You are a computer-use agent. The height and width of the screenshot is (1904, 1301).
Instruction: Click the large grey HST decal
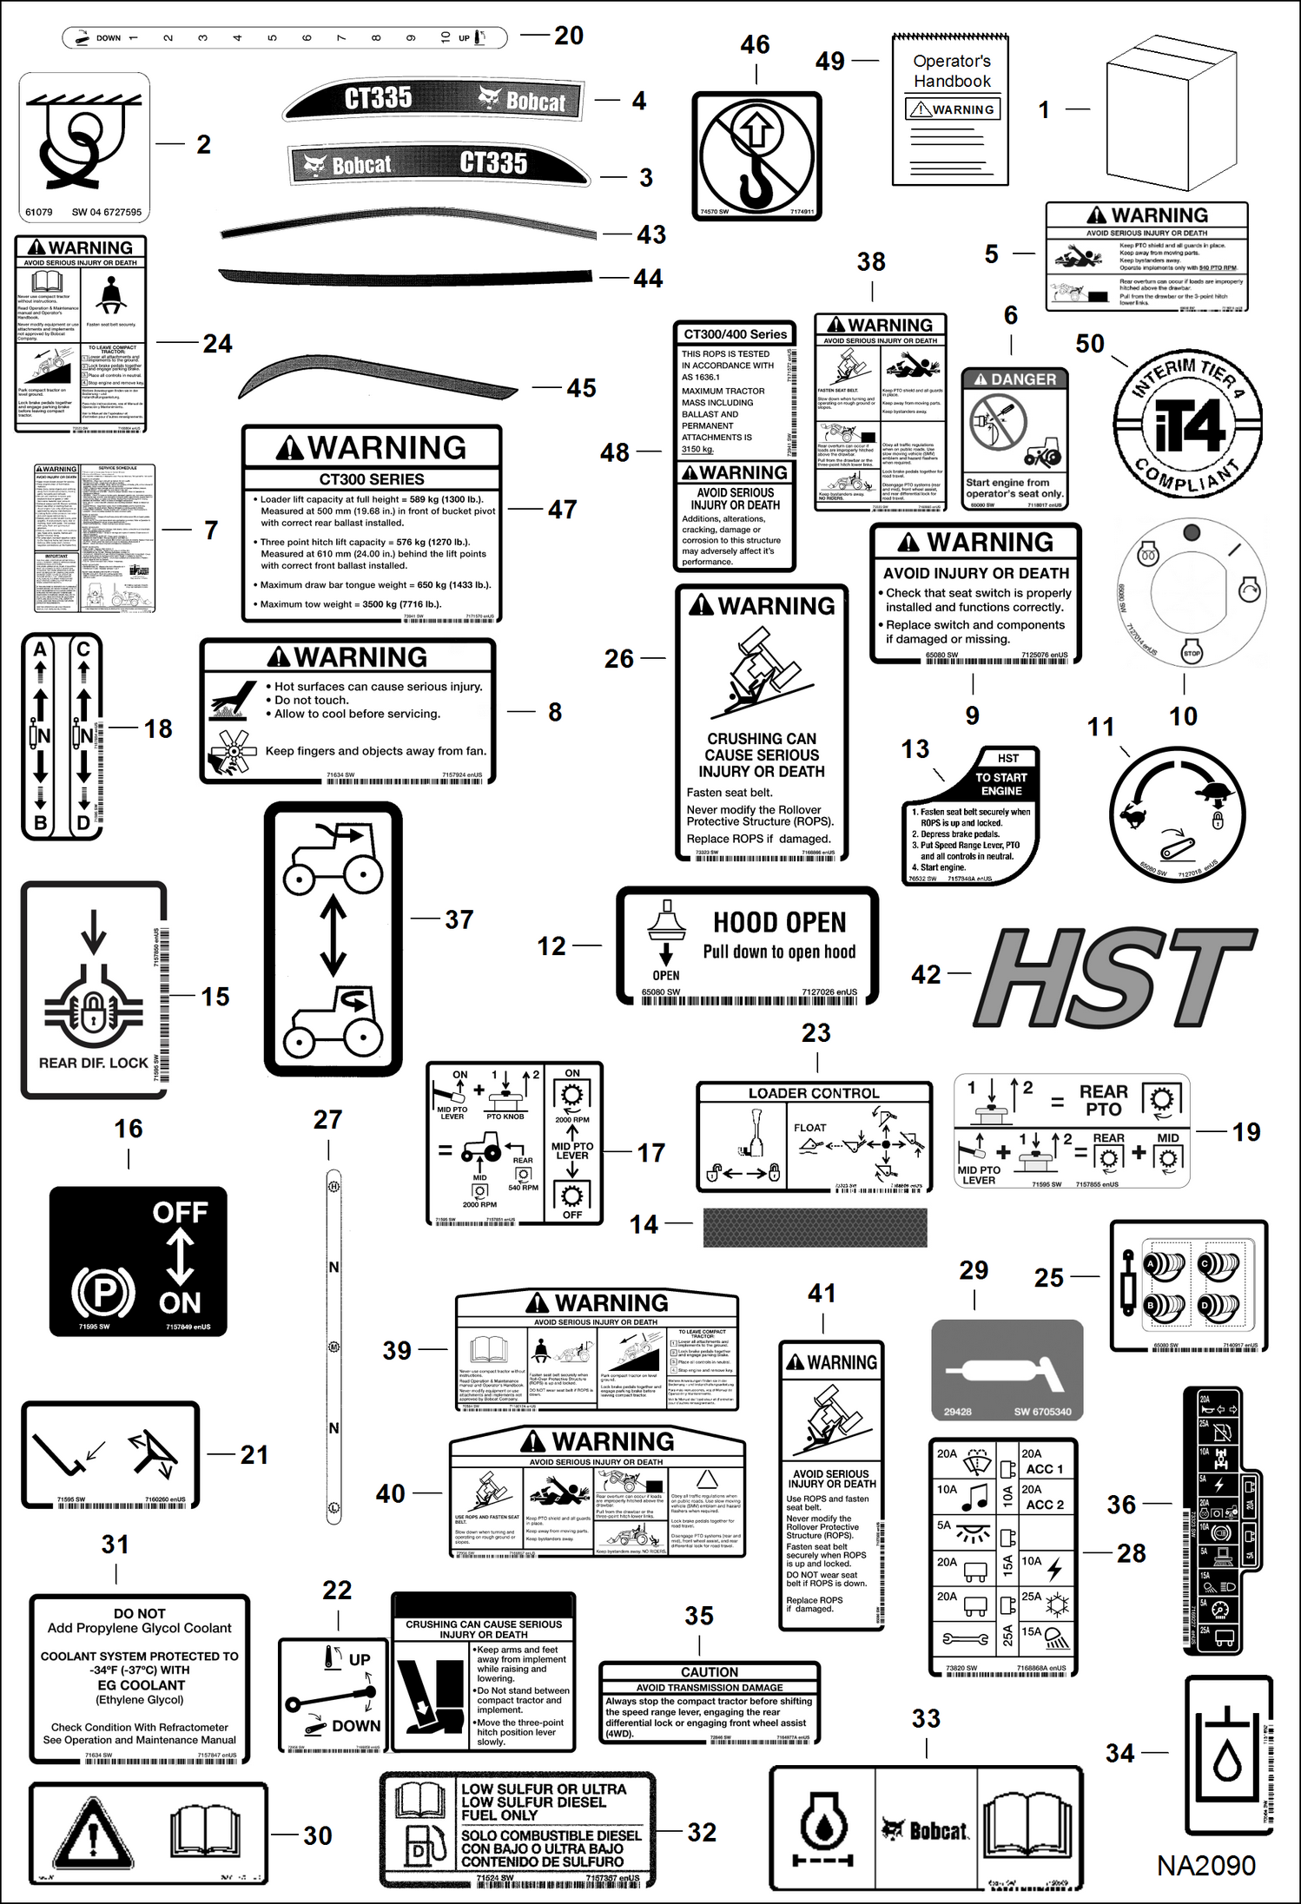(x=1116, y=977)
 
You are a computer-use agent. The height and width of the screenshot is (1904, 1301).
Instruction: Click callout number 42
(x=926, y=974)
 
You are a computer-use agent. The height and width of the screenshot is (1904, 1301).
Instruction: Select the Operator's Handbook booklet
(x=951, y=111)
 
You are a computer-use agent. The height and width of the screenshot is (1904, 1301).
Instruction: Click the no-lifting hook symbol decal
(x=756, y=156)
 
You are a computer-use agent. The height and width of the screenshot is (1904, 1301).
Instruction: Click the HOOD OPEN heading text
(x=779, y=922)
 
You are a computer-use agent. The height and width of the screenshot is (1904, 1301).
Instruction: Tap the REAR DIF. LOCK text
(x=93, y=1063)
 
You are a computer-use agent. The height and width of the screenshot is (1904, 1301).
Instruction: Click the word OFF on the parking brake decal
(x=180, y=1212)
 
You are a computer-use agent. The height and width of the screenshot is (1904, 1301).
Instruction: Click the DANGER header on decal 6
(x=1014, y=379)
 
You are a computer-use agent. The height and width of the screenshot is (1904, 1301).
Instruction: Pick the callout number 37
(x=459, y=919)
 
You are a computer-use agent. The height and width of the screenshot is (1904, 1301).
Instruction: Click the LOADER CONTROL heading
(x=814, y=1093)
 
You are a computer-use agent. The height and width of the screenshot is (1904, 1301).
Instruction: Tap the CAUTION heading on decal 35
(x=709, y=1672)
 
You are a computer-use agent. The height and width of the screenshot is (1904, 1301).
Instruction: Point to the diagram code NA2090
(x=1205, y=1866)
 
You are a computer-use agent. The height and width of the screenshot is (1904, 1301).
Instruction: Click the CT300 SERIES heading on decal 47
(x=372, y=479)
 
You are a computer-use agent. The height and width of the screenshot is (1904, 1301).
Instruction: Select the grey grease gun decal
(x=1007, y=1371)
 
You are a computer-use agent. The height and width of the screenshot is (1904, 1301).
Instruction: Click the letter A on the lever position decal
(x=40, y=649)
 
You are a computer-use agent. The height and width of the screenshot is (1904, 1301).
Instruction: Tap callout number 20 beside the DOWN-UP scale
(x=569, y=36)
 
